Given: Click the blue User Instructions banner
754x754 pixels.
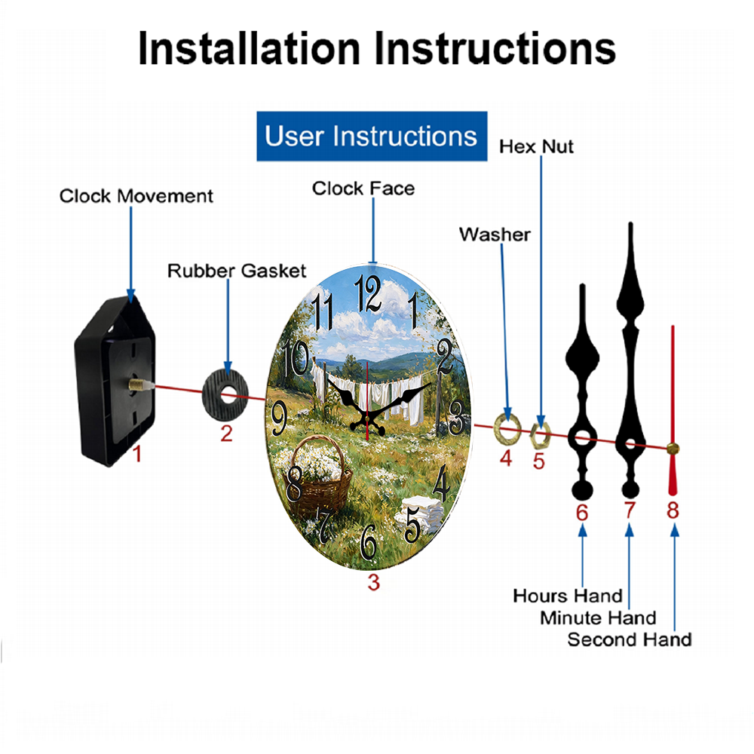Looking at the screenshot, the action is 372,136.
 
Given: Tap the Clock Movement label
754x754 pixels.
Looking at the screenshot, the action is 136,196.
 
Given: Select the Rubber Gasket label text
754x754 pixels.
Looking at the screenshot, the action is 237,271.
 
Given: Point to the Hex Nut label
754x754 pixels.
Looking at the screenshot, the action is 536,146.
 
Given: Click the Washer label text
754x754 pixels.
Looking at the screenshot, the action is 495,234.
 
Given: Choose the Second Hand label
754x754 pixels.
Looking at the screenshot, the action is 630,639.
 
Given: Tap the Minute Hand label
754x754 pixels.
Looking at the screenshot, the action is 598,618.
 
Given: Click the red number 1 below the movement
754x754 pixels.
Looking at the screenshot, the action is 137,453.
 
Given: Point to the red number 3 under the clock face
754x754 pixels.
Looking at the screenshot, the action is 374,582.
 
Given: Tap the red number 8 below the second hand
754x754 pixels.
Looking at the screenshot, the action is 673,510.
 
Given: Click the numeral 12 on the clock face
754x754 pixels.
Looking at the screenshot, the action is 369,293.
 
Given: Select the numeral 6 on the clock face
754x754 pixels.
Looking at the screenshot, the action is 369,542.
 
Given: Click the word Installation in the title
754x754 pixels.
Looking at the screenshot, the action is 249,48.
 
